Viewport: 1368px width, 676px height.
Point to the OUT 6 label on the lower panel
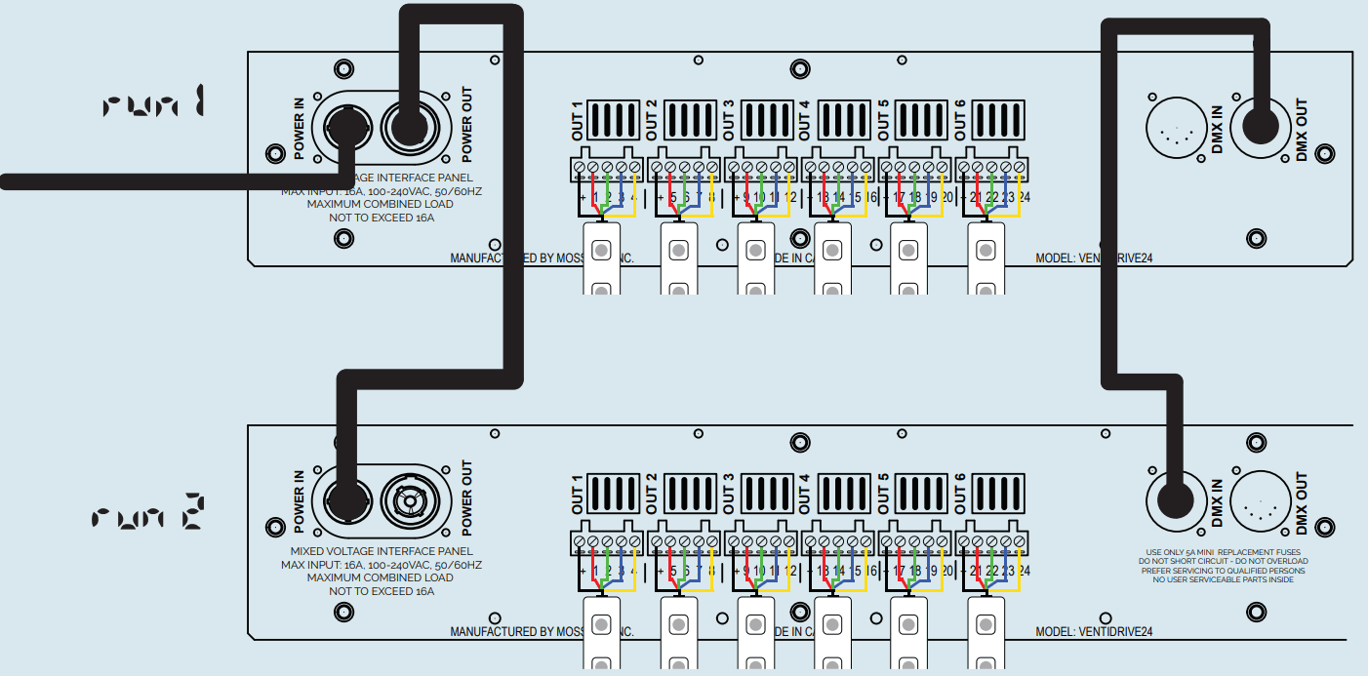pyautogui.click(x=958, y=494)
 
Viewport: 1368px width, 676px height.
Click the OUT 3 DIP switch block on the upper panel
pyautogui.click(x=768, y=120)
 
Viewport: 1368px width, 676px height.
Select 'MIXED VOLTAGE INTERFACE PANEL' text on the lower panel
pyautogui.click(x=382, y=552)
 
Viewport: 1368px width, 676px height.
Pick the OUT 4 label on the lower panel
pyautogui.click(x=805, y=494)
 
